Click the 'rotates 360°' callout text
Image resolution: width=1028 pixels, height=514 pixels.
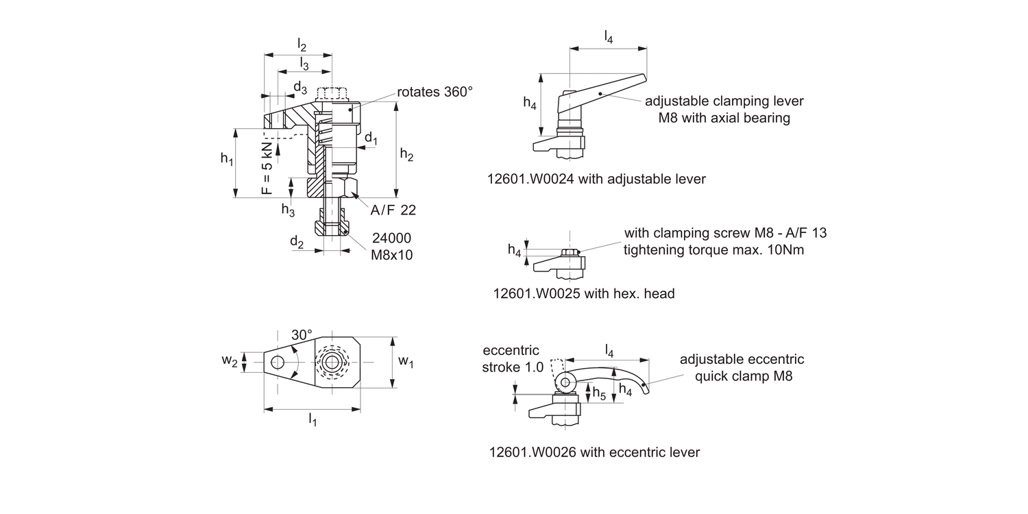tap(435, 92)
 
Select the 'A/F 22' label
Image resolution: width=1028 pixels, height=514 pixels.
tap(393, 210)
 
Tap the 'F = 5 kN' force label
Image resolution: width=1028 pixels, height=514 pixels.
tap(267, 169)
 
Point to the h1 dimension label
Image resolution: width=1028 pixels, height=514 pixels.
tap(227, 159)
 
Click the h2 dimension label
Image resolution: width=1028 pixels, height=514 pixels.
tap(406, 155)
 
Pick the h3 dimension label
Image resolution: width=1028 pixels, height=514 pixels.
tap(288, 210)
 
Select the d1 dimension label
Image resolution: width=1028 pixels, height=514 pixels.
tap(371, 138)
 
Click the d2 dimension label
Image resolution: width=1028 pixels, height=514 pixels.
tap(296, 241)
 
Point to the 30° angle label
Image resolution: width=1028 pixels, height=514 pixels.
tap(302, 335)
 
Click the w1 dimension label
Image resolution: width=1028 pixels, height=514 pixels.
tap(406, 360)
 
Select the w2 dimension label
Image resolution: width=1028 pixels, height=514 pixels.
tap(230, 361)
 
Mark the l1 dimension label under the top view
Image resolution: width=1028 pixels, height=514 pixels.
tap(313, 419)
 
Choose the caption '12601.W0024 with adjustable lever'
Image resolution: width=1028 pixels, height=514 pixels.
tap(596, 179)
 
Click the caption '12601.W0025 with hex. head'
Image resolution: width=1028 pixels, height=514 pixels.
tap(584, 293)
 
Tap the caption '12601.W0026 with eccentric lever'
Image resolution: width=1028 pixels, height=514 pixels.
tap(594, 452)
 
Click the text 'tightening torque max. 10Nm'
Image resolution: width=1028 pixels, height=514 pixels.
tap(713, 250)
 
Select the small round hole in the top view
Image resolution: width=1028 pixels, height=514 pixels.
tap(277, 362)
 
